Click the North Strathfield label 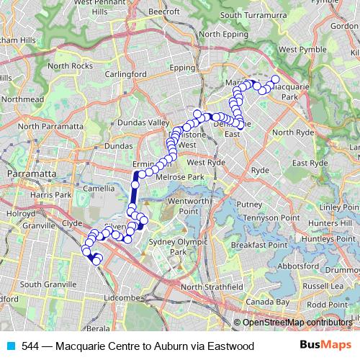point(212,287)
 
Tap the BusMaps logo point(328,345)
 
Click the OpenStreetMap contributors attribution point(296,322)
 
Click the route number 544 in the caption point(30,346)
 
